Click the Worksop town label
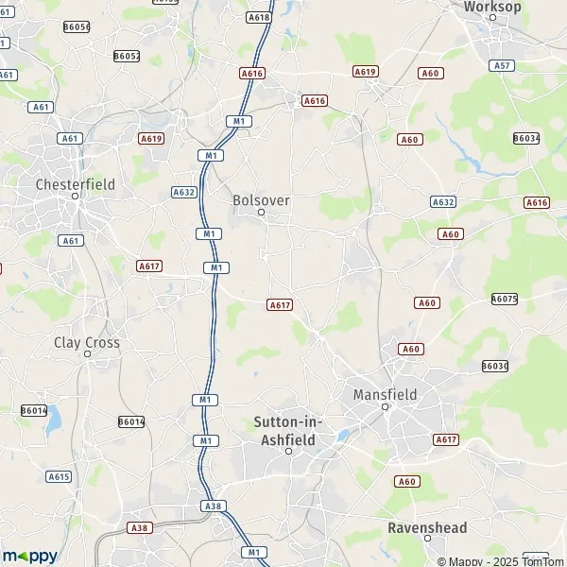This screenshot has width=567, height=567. [x=492, y=7]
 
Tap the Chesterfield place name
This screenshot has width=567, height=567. [x=75, y=184]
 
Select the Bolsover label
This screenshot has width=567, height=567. [x=262, y=200]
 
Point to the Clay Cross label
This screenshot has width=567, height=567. [x=87, y=342]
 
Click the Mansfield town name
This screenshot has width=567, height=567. [x=385, y=393]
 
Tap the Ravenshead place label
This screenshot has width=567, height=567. [x=427, y=526]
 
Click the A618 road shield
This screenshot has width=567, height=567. [x=258, y=17]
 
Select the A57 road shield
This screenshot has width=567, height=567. [x=503, y=65]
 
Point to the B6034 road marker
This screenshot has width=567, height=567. [x=526, y=138]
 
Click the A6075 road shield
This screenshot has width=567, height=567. [x=505, y=299]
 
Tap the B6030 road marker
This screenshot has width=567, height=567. [x=495, y=366]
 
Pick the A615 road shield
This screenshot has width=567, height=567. [x=59, y=477]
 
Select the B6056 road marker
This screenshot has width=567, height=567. [x=77, y=26]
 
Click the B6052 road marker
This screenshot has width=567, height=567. [x=127, y=57]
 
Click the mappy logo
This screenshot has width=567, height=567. [x=29, y=555]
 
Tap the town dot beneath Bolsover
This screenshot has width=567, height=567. [x=262, y=212]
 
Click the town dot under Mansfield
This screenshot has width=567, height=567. [x=385, y=406]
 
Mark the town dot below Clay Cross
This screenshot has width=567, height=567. [x=87, y=354]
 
